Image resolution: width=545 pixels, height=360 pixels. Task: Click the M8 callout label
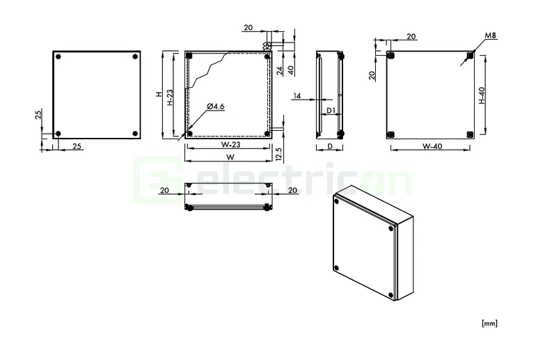point(491,36)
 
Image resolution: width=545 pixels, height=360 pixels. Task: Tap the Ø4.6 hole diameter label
point(215,107)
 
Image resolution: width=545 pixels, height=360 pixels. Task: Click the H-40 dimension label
point(482,95)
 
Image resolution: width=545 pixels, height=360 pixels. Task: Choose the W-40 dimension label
point(432,146)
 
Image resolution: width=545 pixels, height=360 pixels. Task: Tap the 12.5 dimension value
point(278,153)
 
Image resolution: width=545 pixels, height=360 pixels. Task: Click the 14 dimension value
point(297,95)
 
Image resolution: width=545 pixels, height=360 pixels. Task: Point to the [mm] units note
point(489,323)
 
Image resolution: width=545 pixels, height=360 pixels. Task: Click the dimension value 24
point(278,70)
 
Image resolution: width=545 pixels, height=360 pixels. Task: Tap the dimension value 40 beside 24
point(289,70)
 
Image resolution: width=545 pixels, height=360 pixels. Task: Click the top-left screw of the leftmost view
point(59,56)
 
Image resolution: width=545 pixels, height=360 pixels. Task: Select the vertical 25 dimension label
point(38,115)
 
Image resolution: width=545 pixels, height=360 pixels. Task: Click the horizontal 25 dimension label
point(77,146)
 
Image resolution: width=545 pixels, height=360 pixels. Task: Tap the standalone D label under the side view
point(329,146)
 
